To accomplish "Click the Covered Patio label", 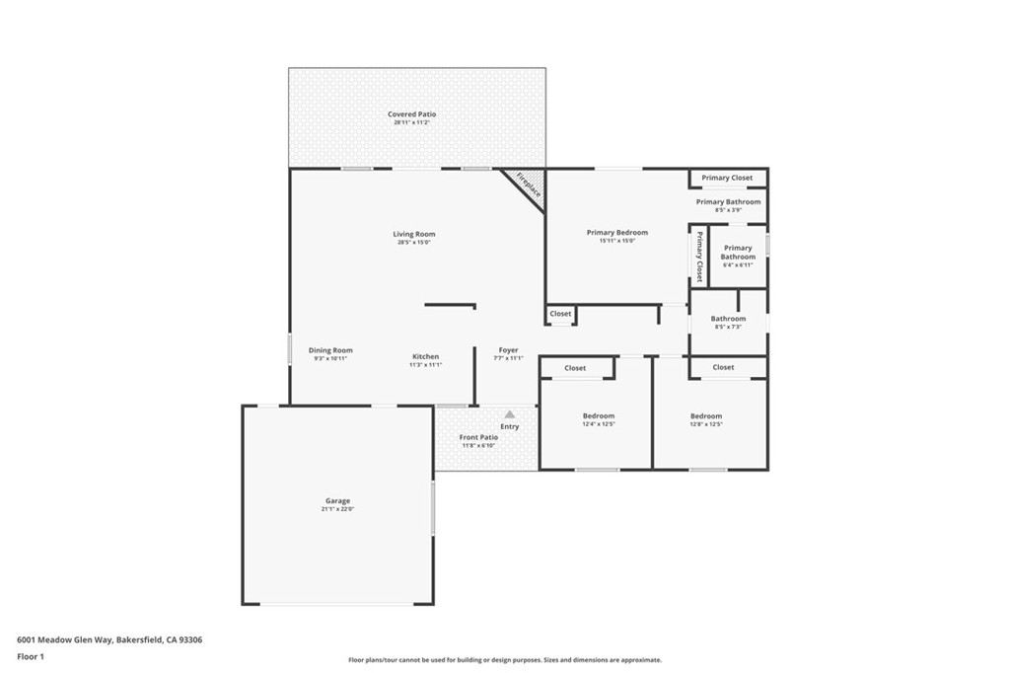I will click(x=412, y=114).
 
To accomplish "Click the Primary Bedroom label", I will click(x=616, y=233).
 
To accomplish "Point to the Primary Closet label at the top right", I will click(x=727, y=178).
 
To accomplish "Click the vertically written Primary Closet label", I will click(x=699, y=256).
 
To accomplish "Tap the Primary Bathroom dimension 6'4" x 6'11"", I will click(x=738, y=264).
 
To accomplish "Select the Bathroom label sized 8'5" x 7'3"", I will click(x=728, y=319).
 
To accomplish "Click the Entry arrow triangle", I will click(x=510, y=414).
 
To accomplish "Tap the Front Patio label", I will click(x=478, y=437).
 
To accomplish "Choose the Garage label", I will click(x=337, y=501).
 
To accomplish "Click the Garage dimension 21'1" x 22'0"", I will click(x=337, y=510).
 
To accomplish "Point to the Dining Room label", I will click(x=330, y=350).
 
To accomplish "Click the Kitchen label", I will click(x=425, y=356).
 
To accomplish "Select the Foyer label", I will click(x=508, y=350).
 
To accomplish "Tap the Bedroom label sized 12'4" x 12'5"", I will click(x=598, y=416).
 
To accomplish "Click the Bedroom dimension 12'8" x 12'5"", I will click(x=706, y=424).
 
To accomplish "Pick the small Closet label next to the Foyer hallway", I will click(x=560, y=314).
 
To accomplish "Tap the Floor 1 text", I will click(x=31, y=656).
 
